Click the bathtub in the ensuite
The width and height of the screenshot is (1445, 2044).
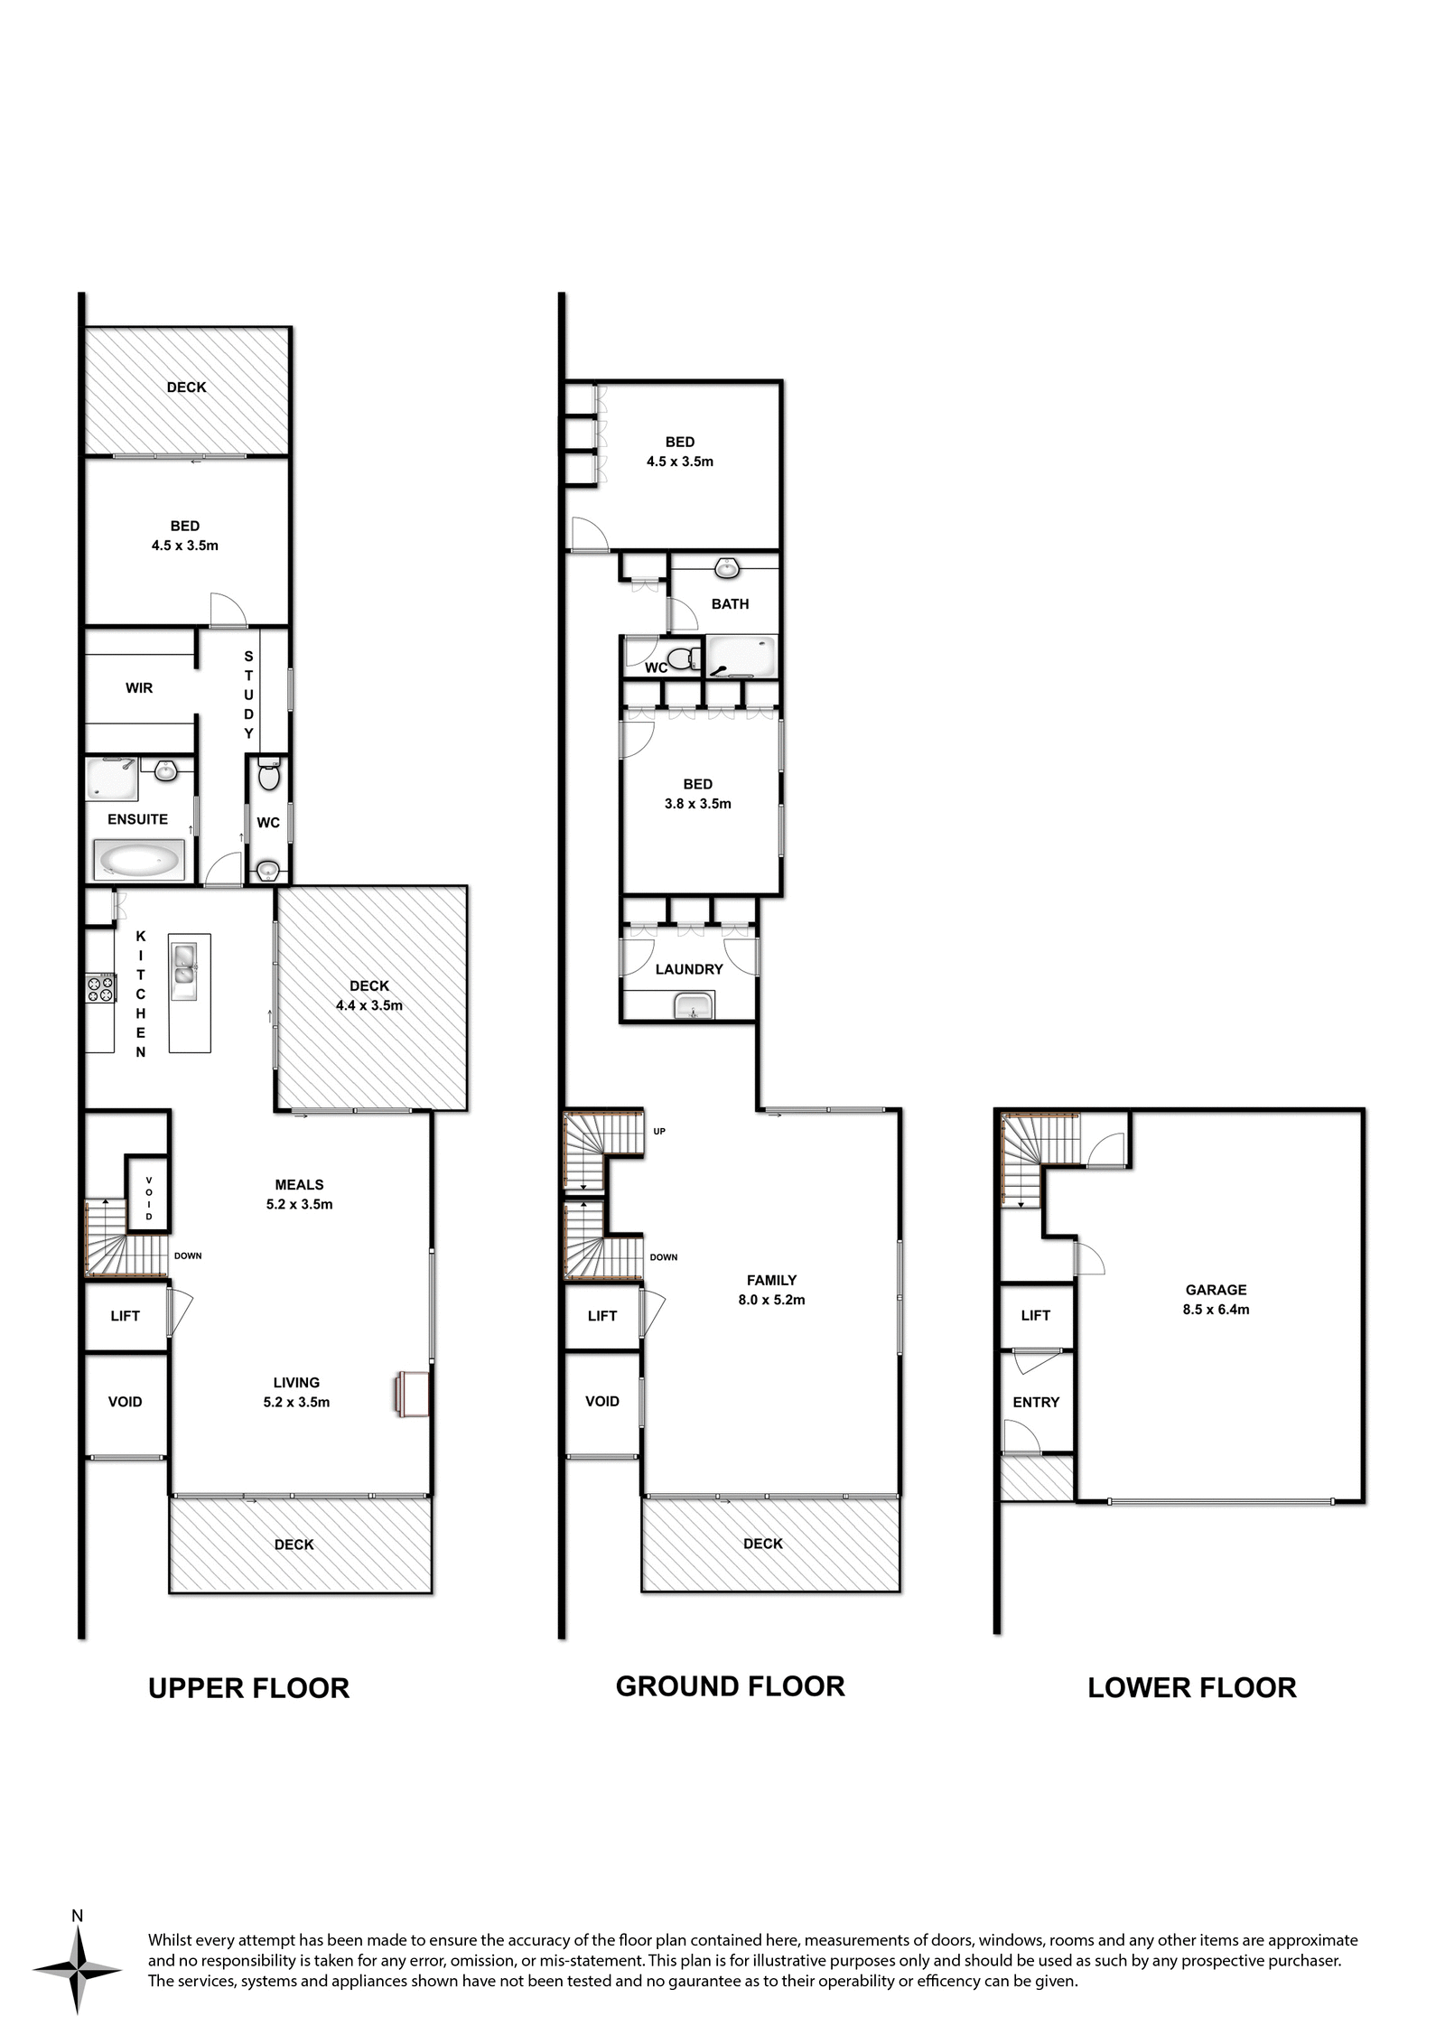point(139,861)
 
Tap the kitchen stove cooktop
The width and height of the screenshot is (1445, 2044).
point(100,987)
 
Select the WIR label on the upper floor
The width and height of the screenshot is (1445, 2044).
point(139,688)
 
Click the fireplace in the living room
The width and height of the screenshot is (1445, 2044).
point(410,1393)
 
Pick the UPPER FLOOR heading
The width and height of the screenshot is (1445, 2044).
point(248,1688)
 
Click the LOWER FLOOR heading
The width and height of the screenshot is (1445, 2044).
point(1191,1687)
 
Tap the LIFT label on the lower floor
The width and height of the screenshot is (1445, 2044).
point(1035,1315)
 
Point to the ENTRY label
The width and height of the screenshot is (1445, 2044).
point(1036,1402)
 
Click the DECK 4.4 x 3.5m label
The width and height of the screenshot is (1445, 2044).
point(369,995)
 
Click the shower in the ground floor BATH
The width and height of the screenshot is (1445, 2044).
point(741,656)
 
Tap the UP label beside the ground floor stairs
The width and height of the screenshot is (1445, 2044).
point(659,1131)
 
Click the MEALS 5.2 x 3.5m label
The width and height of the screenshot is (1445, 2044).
point(299,1194)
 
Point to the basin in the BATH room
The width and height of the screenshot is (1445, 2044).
point(727,569)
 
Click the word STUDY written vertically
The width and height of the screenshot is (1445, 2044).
point(248,695)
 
